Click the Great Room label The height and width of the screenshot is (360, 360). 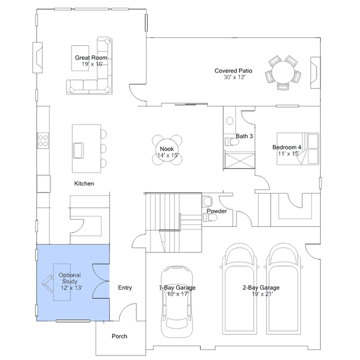coord(91,57)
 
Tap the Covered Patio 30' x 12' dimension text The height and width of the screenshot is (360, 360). coord(234,77)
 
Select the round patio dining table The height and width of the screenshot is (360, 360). coord(283,72)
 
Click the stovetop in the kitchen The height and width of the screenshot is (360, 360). coord(43,140)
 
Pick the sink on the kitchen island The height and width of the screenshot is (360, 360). coord(78,150)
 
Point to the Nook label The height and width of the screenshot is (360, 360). coord(167,149)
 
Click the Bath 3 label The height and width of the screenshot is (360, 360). coord(245,136)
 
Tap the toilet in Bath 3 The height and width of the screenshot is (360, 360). coord(232,141)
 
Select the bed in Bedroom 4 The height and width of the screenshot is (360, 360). coord(298,149)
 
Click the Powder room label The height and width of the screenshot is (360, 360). coord(217,211)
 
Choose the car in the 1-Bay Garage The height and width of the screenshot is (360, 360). coord(177,301)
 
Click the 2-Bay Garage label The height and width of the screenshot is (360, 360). coord(261,287)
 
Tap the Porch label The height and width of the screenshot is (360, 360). coord(119,336)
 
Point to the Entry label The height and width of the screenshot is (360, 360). coord(125,287)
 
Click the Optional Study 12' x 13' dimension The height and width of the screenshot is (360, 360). coord(72,288)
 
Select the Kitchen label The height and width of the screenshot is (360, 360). coord(84,184)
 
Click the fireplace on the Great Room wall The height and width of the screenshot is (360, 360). coord(37,57)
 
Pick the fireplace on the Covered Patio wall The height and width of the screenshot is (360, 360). coord(315,73)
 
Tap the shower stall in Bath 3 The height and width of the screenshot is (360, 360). coord(239,161)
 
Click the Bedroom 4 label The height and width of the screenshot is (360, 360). coord(287,147)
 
